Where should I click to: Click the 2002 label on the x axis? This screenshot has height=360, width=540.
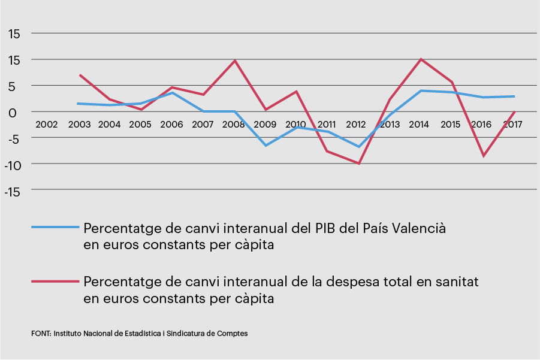tap(47, 125)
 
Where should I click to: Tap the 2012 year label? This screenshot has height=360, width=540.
tap(355, 125)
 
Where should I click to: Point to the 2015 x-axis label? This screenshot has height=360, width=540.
tap(451, 125)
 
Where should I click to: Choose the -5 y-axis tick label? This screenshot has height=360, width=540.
tap(15, 138)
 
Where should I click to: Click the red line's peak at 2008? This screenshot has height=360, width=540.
tap(235, 60)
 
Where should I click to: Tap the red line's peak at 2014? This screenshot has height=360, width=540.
tap(421, 59)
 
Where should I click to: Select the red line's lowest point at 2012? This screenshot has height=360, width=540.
tap(359, 163)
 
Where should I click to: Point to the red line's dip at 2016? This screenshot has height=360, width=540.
tap(483, 156)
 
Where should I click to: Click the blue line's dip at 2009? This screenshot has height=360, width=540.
tap(265, 146)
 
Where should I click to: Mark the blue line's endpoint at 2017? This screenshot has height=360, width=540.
tap(514, 96)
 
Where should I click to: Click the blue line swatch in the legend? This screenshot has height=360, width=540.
tap(55, 228)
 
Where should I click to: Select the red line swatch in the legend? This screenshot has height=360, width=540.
tap(55, 280)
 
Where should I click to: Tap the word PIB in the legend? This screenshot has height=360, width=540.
tap(326, 229)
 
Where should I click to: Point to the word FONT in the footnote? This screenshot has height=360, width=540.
tap(41, 334)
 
